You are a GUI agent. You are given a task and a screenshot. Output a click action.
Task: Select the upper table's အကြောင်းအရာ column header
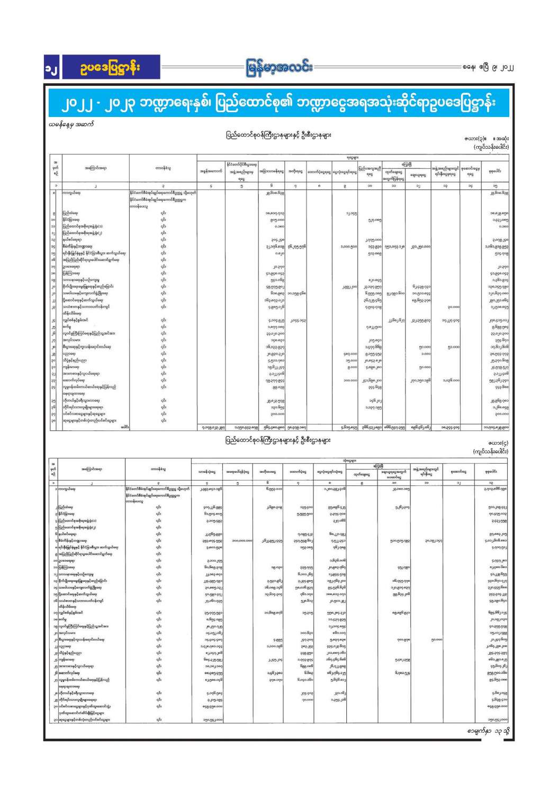95,168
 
